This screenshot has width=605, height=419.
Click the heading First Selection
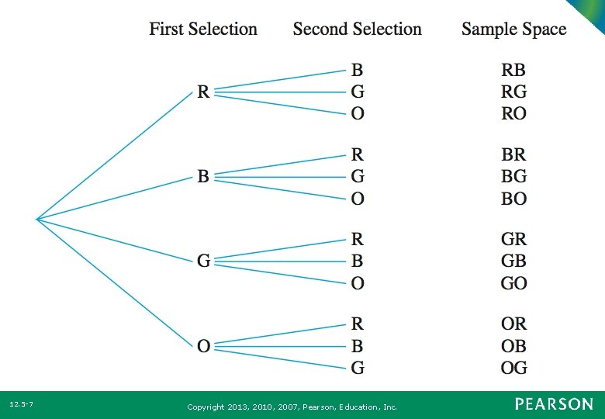(x=203, y=29)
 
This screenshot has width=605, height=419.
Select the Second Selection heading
(x=357, y=29)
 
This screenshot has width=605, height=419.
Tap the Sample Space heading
(x=513, y=29)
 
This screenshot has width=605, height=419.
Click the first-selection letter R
(x=202, y=92)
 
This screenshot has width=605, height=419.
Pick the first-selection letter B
(x=202, y=177)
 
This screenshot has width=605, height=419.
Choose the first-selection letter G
(x=203, y=261)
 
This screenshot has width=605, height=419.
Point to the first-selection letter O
(x=203, y=345)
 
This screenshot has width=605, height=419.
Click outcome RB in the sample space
(x=513, y=70)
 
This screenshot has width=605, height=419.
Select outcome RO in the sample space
(x=513, y=114)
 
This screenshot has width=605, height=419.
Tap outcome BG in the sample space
(x=513, y=177)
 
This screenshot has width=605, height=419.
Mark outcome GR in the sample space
(x=513, y=239)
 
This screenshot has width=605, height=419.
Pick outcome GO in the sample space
(x=513, y=283)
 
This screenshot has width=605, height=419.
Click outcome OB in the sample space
(x=513, y=345)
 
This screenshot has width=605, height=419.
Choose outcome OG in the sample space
(x=513, y=367)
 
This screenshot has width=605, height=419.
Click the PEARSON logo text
(x=554, y=404)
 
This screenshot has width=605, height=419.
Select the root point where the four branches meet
(x=36, y=219)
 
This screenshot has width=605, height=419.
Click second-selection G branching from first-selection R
(x=358, y=92)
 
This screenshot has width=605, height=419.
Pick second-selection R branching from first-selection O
(x=358, y=323)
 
